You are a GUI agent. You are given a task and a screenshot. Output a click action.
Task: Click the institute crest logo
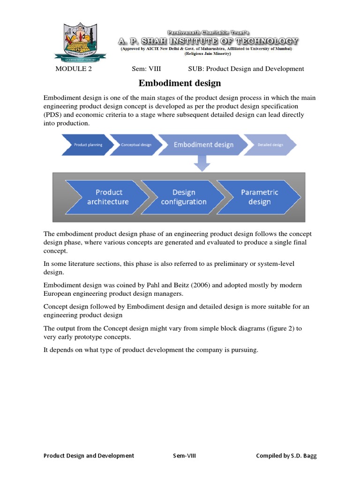pos(80,43)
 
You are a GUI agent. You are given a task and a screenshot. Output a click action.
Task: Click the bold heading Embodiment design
pos(180,83)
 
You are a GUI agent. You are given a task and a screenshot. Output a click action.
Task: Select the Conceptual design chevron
pos(136,145)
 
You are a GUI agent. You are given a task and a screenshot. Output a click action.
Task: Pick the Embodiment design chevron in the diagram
pos(203,144)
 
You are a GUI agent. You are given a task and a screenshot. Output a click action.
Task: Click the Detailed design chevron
pos(270,145)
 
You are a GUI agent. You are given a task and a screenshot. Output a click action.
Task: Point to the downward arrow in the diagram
pos(202,162)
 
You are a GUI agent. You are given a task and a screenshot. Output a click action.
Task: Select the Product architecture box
pos(108,197)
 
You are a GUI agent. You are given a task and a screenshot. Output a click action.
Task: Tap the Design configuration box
pos(184,197)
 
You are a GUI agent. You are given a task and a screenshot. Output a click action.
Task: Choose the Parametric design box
pos(260,197)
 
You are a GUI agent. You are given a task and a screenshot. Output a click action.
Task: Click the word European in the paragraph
pos(58,294)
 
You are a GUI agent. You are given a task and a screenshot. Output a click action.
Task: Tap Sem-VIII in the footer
pos(184,456)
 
